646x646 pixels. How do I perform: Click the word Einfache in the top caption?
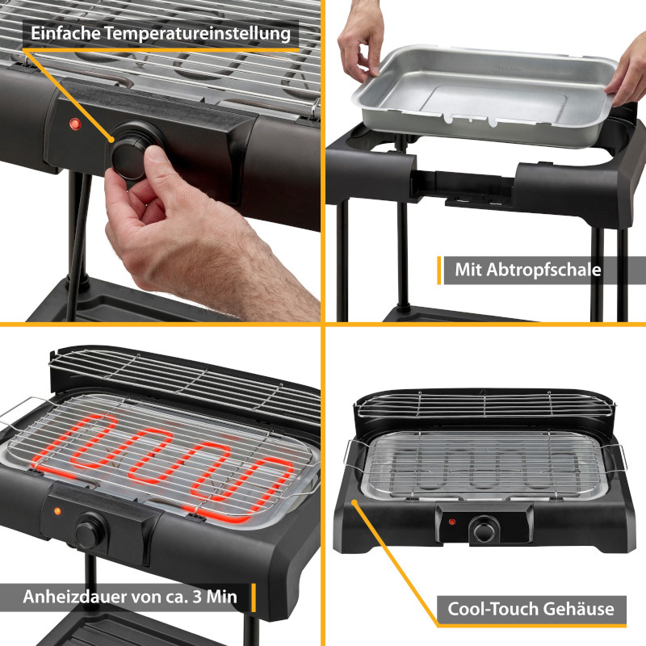[x=65, y=33]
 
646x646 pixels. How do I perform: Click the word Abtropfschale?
[x=543, y=270]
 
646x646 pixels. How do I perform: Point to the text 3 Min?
[x=215, y=597]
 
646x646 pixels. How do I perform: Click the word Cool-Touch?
[x=492, y=609]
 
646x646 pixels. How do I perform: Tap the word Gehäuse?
[x=578, y=609]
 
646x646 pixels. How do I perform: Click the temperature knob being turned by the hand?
[x=132, y=153]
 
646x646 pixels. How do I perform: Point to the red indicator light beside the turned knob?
[x=74, y=124]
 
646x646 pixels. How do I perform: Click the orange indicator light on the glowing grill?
[x=57, y=511]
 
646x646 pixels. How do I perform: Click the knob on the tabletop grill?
[x=484, y=530]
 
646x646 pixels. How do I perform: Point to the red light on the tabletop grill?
[x=452, y=522]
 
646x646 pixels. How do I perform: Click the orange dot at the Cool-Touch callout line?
[x=354, y=502]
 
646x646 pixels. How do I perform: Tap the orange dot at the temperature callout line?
[x=111, y=140]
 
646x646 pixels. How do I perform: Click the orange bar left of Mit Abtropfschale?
[x=438, y=271]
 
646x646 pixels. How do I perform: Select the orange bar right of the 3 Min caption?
[x=254, y=597]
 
